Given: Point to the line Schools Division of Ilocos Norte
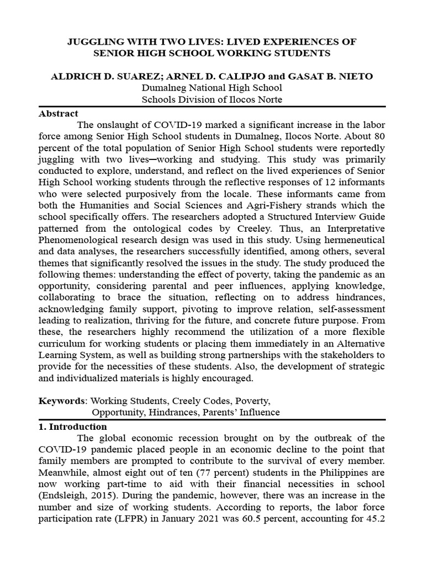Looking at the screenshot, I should [x=211, y=99].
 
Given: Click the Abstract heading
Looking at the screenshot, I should [x=58, y=113].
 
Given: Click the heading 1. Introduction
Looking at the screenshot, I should [x=72, y=427].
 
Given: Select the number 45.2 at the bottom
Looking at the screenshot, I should [x=377, y=519].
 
